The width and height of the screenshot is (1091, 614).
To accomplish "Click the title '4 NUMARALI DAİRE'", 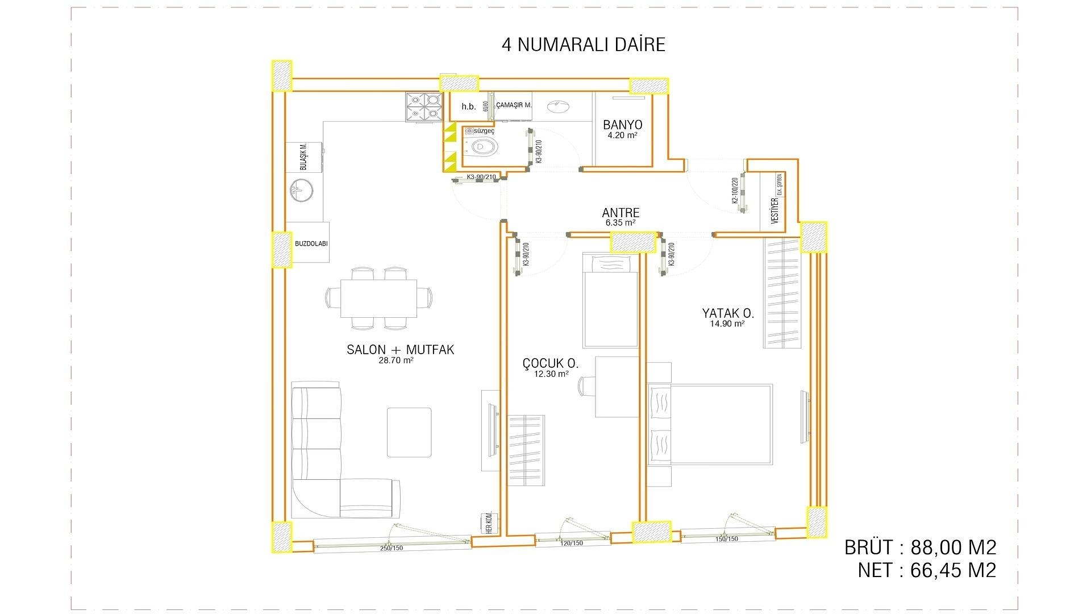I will [583, 44].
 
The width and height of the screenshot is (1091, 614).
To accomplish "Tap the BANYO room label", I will [623, 125].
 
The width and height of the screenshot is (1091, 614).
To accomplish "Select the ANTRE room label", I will [621, 213].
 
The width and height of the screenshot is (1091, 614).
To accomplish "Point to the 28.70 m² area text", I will [396, 360].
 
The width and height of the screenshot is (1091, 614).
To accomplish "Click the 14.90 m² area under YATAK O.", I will [727, 324].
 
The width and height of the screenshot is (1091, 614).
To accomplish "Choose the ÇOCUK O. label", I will [550, 363].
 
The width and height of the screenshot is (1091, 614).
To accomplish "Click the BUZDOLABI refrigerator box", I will [311, 243].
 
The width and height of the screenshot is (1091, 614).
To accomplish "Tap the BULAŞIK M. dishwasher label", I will [304, 157].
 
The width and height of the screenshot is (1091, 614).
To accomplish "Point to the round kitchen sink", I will [301, 190].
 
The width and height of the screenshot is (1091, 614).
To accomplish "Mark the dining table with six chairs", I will [378, 298].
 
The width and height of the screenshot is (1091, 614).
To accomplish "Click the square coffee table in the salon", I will [410, 432].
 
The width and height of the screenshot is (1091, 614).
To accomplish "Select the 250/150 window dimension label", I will [392, 549].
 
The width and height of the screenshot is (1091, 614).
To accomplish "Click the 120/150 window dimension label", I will [572, 544].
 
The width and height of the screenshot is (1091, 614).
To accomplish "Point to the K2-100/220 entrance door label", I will [734, 190].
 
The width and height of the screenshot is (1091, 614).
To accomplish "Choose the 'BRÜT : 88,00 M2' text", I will [920, 547].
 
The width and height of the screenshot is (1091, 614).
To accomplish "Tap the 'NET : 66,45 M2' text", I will [927, 570].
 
